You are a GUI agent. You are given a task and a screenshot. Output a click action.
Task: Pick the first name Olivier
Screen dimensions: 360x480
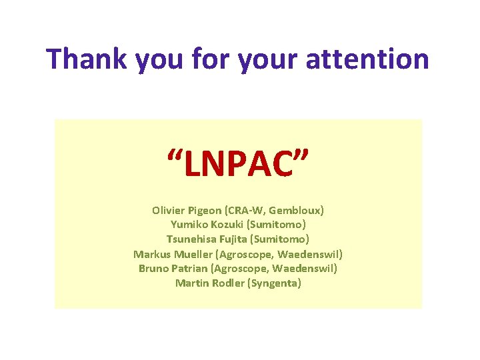(169, 210)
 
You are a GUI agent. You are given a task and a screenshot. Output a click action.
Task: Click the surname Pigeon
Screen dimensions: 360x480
(208, 211)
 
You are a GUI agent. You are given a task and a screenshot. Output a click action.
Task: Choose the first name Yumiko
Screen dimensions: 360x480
(189, 225)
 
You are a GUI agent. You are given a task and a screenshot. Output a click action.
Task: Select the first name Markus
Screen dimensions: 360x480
(152, 254)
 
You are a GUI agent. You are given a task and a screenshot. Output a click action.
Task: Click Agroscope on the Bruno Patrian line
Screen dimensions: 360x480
(240, 269)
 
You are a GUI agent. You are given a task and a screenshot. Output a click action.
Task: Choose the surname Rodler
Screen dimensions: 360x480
(227, 283)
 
